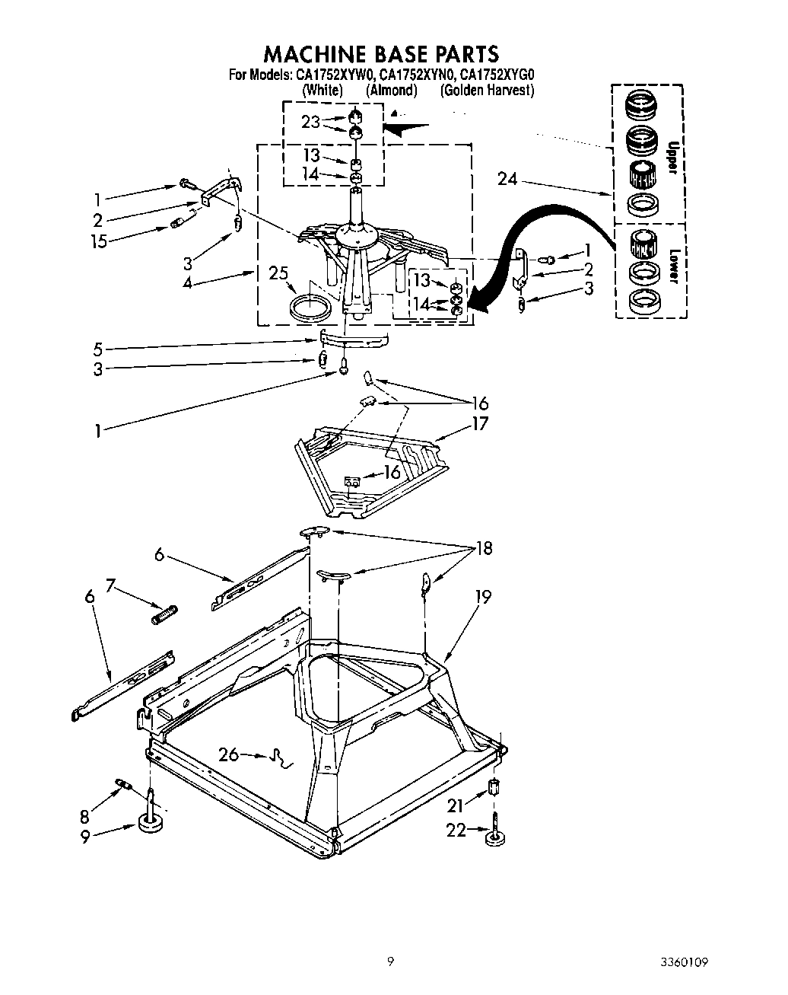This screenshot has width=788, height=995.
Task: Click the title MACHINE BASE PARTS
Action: click(x=381, y=53)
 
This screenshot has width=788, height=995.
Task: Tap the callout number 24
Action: click(x=507, y=179)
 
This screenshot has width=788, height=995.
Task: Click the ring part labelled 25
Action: click(x=312, y=307)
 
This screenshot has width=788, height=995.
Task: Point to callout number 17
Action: click(x=480, y=424)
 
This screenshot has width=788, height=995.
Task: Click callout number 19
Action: click(x=482, y=598)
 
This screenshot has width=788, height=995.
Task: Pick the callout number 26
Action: click(x=228, y=754)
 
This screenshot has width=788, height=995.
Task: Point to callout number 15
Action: click(x=98, y=241)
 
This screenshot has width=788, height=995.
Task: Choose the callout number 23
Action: click(x=312, y=122)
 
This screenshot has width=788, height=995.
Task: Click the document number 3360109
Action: click(x=684, y=962)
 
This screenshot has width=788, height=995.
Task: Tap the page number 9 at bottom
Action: click(x=390, y=962)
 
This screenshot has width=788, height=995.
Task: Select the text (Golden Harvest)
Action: click(x=487, y=90)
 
